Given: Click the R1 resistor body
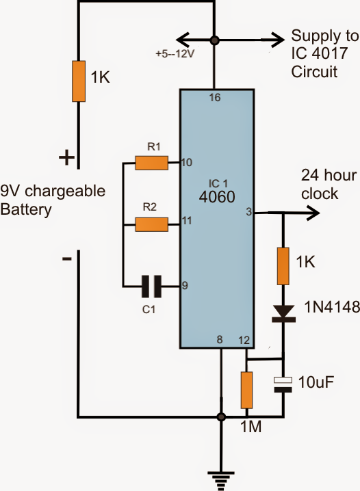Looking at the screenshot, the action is click(x=152, y=163).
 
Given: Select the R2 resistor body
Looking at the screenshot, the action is click(x=152, y=224).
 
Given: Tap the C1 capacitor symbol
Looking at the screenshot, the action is click(x=152, y=287).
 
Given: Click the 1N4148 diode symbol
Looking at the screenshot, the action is click(x=283, y=314).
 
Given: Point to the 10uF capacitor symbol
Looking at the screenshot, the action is click(x=283, y=384).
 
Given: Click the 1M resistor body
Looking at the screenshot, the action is click(x=246, y=390).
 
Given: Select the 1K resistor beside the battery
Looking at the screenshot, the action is click(x=79, y=81).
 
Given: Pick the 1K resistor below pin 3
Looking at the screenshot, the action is click(x=283, y=266).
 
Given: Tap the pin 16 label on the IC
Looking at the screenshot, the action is click(x=215, y=98).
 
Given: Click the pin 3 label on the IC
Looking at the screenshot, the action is click(x=248, y=212).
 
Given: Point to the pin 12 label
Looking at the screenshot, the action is click(x=244, y=340).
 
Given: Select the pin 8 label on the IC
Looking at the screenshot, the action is click(x=220, y=339).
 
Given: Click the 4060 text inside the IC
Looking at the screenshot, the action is click(x=217, y=197).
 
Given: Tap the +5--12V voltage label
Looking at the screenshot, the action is click(x=175, y=53).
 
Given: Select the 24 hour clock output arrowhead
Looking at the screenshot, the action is click(x=314, y=213).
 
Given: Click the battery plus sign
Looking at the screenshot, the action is click(x=67, y=157).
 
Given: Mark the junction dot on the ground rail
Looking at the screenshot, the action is click(x=221, y=417).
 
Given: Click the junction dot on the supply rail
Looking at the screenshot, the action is click(x=215, y=40).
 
